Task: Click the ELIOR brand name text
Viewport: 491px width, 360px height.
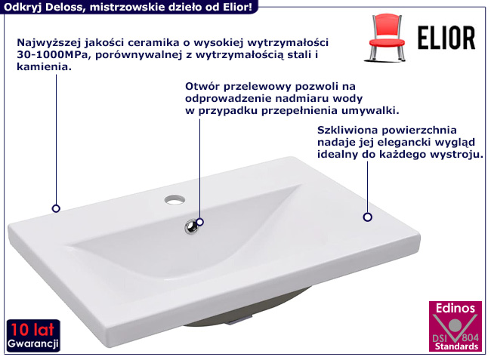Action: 446,38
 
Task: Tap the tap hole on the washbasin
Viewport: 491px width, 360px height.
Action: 174,199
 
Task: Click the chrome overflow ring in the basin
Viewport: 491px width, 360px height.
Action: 191,226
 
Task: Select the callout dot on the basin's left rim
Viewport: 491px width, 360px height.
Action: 56,208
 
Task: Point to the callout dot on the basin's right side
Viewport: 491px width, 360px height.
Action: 368,217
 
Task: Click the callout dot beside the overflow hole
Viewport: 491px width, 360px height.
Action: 199,222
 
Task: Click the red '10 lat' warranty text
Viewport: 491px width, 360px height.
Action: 32,330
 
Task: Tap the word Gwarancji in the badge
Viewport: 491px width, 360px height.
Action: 33,343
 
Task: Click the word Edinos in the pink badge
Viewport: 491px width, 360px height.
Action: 455,308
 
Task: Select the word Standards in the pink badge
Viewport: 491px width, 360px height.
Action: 456,346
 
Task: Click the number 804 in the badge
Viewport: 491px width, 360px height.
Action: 470,337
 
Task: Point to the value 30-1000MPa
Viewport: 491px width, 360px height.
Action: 53,55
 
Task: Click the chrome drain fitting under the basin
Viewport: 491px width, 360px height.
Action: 240,321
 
